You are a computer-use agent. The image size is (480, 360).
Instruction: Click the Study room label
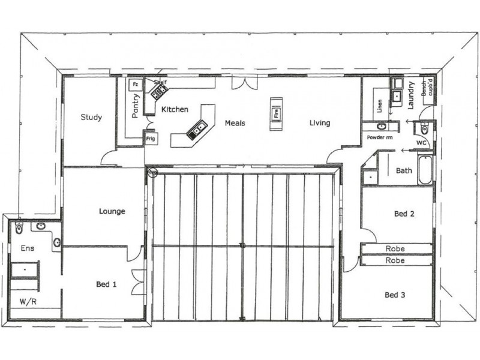pyautogui.click(x=91, y=118)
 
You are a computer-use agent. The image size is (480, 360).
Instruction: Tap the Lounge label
pyautogui.click(x=112, y=211)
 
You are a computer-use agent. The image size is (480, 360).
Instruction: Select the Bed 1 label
pyautogui.click(x=106, y=284)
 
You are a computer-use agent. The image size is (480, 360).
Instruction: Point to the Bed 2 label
pyautogui.click(x=404, y=214)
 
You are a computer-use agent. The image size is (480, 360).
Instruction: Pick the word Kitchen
pyautogui.click(x=175, y=110)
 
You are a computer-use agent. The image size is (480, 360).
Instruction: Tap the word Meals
pyautogui.click(x=235, y=123)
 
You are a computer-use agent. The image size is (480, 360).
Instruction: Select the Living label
pyautogui.click(x=320, y=123)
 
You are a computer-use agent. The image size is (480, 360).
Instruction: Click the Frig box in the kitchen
pyautogui.click(x=151, y=138)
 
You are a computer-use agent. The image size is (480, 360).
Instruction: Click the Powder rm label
pyautogui.click(x=379, y=138)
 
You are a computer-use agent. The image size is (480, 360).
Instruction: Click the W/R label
pyautogui.click(x=26, y=301)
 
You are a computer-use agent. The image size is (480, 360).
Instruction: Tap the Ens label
pyautogui.click(x=28, y=248)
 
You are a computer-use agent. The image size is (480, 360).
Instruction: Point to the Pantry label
pyautogui.click(x=136, y=104)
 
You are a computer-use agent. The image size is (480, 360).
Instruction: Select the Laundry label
pyautogui.click(x=412, y=95)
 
